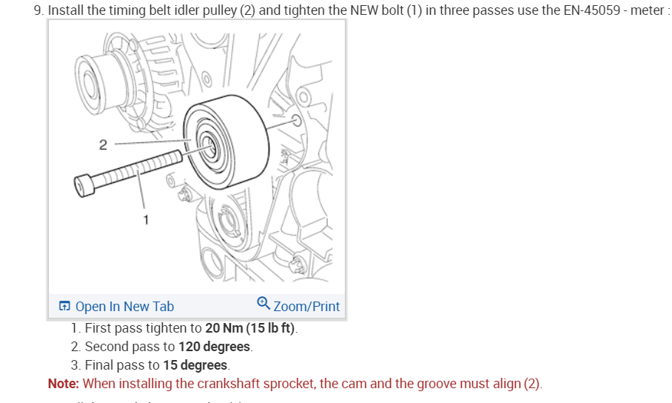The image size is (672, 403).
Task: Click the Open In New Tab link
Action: point(124,306)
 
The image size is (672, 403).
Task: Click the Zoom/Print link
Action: point(306,306)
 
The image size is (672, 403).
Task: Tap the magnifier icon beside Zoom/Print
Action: point(263,304)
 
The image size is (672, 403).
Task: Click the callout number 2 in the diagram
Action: point(103,144)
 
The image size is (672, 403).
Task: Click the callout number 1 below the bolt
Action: point(146,219)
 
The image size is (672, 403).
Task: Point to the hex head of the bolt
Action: point(85,184)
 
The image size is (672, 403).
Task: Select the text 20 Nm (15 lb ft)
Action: point(251,328)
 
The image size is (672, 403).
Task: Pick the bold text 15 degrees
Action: point(195,365)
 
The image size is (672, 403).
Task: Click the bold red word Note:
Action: point(64,384)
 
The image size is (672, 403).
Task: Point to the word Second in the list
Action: point(108,347)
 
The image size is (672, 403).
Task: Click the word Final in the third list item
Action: point(100,365)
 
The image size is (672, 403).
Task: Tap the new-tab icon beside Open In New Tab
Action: point(65,307)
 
